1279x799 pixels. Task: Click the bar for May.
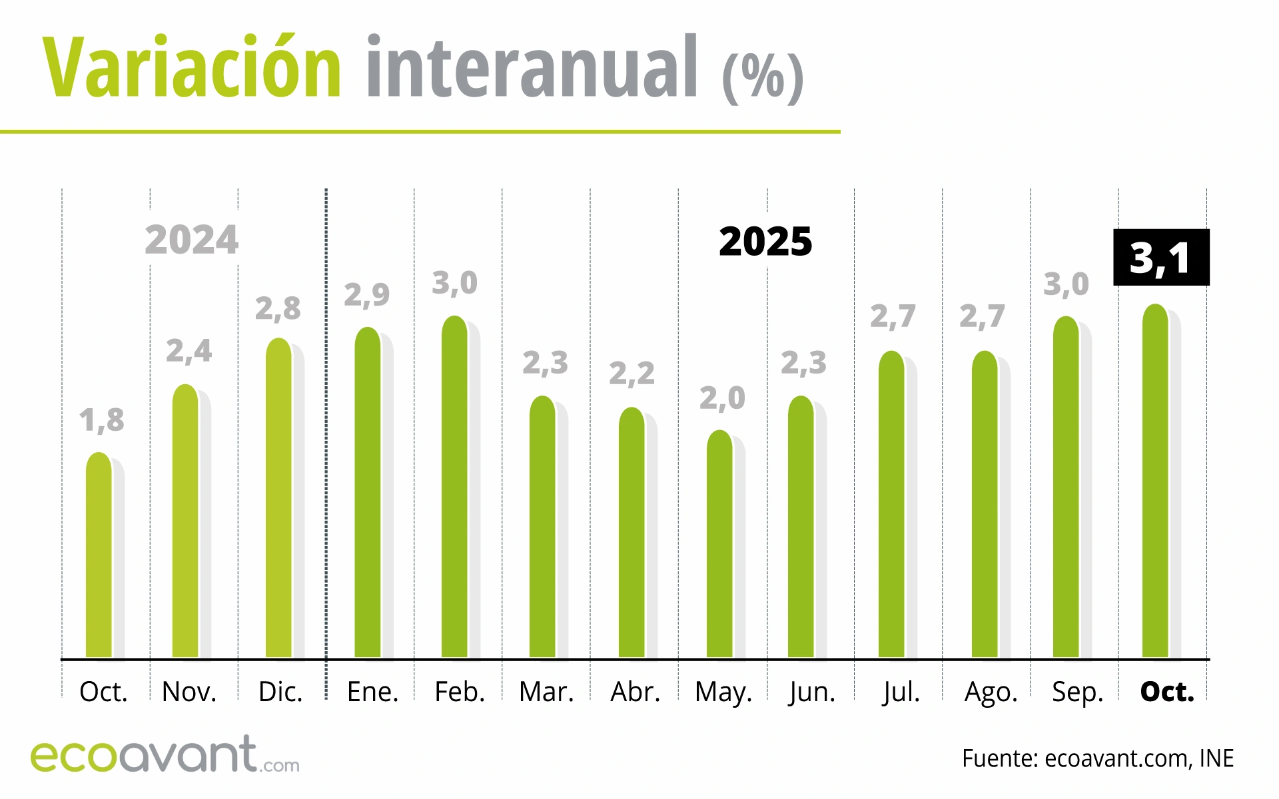[x=719, y=546]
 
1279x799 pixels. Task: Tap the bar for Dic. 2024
[x=278, y=499]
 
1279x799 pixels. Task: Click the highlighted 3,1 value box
[x=1161, y=258]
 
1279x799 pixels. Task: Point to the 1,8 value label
[x=102, y=421]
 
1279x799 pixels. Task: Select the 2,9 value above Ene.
[x=366, y=295]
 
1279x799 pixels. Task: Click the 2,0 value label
[x=722, y=399]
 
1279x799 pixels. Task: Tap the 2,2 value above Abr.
[x=632, y=374]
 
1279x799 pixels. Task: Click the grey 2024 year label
[x=191, y=240]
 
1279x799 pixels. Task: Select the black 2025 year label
[x=765, y=242]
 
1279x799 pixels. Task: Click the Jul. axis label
[x=901, y=692]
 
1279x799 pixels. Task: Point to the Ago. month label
[x=991, y=692]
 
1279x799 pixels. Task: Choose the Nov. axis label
[x=189, y=692]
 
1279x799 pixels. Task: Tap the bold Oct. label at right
[x=1167, y=692]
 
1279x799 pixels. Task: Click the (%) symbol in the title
[x=763, y=77]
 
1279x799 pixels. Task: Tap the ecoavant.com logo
[x=165, y=755]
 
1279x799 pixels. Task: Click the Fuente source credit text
[x=1097, y=758]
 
